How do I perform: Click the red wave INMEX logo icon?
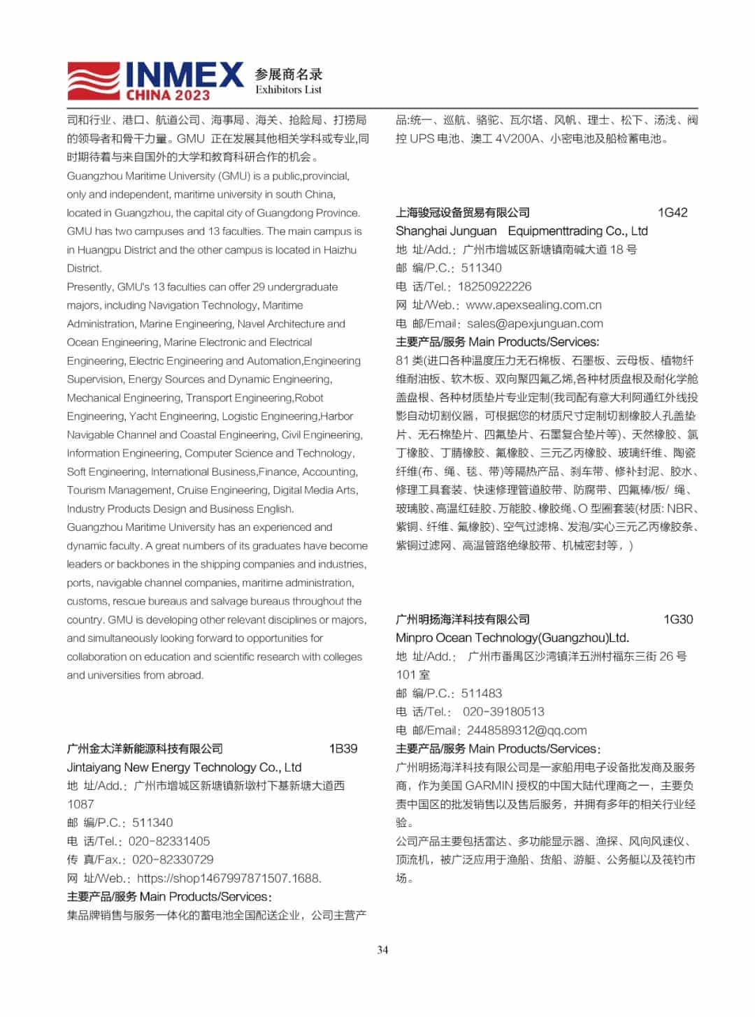pos(94,80)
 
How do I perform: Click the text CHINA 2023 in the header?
pos(168,95)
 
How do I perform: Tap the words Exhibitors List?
pos(288,90)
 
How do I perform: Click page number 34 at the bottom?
pos(382,949)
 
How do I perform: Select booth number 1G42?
pos(673,212)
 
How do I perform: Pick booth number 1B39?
pos(343,748)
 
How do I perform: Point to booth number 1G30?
pos(678,619)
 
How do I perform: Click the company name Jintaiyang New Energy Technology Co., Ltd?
pos(184,767)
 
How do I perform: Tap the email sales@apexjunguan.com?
pos(535,323)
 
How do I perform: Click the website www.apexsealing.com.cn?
pos(533,305)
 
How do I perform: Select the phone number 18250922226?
pos(494,286)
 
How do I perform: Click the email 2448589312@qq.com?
pos(526,730)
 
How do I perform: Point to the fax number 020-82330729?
pos(173,859)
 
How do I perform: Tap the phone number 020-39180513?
pos(503,711)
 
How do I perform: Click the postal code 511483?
pos(482,693)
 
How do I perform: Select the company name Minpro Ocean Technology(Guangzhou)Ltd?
pos(512,637)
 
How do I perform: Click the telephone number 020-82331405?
pos(169,841)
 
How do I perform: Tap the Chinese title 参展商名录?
pos(289,74)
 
